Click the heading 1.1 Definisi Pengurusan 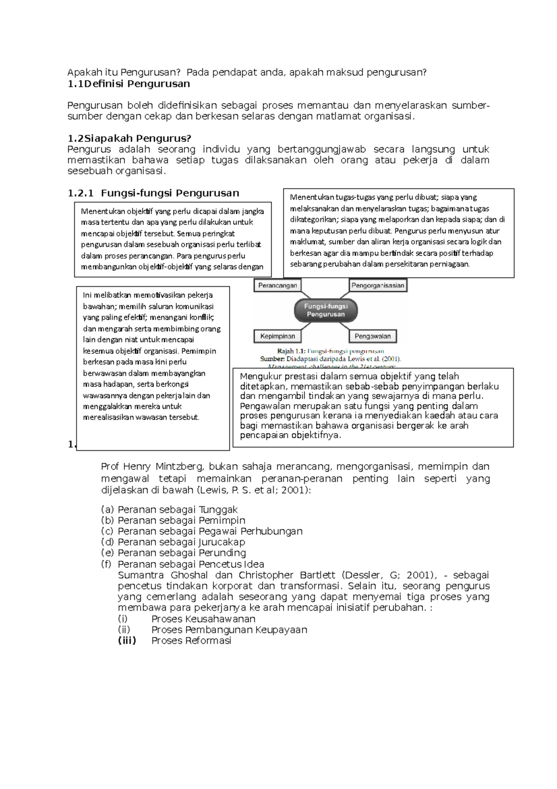[129, 84]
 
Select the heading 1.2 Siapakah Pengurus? [129, 138]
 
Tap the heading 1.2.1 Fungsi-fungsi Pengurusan [153, 193]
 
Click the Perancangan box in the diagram [278, 285]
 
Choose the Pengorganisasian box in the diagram [377, 285]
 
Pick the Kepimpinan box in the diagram [278, 336]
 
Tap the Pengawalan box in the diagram [373, 336]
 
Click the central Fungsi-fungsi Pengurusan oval [326, 310]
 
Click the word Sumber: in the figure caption [272, 359]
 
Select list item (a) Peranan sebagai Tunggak [169, 510]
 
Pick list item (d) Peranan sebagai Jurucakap [173, 542]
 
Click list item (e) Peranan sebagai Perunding [174, 553]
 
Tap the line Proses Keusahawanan [203, 619]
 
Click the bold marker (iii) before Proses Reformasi [127, 641]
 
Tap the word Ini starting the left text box [87, 295]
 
